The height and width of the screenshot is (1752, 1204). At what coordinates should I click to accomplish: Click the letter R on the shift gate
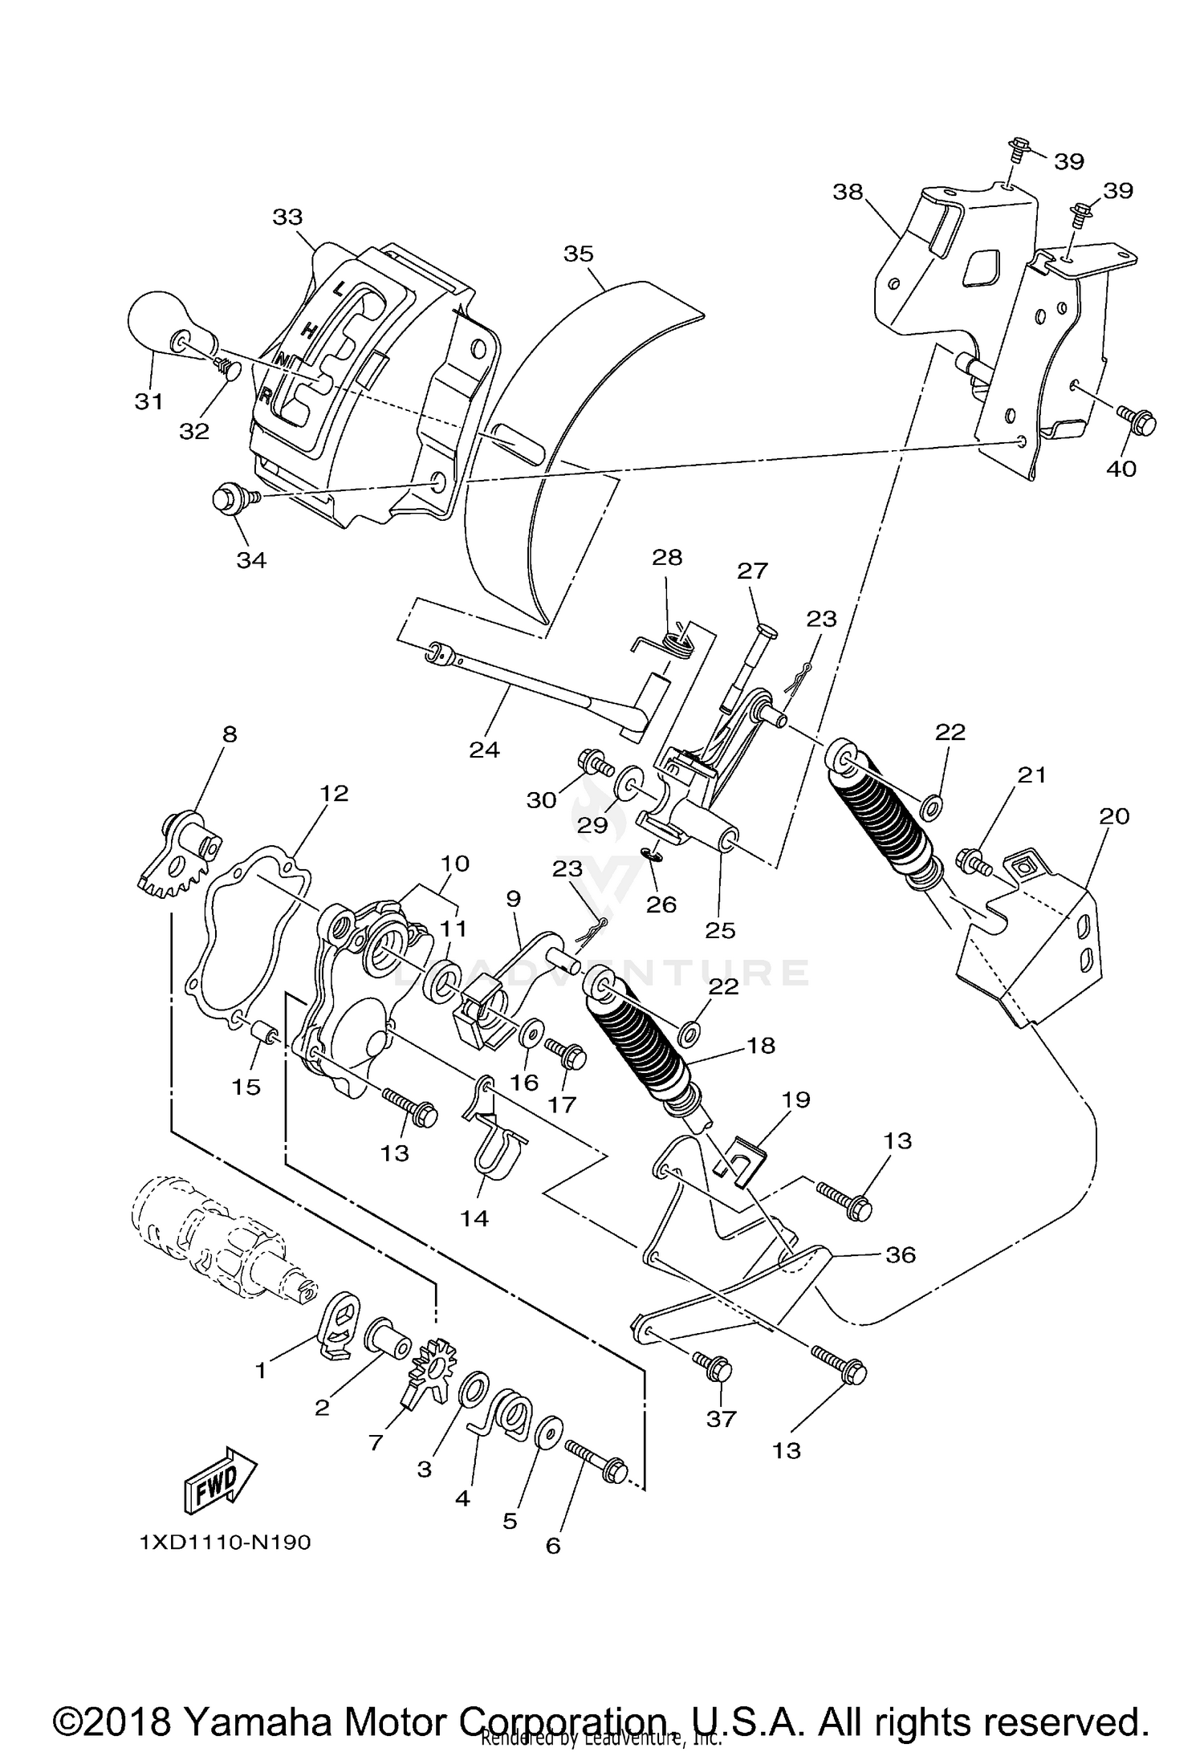tap(265, 394)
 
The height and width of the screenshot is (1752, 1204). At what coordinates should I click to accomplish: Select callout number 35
tap(578, 254)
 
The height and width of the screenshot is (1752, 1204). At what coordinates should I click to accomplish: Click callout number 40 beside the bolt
tap(1121, 468)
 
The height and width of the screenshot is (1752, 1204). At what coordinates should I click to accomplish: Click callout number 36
tap(899, 1254)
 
